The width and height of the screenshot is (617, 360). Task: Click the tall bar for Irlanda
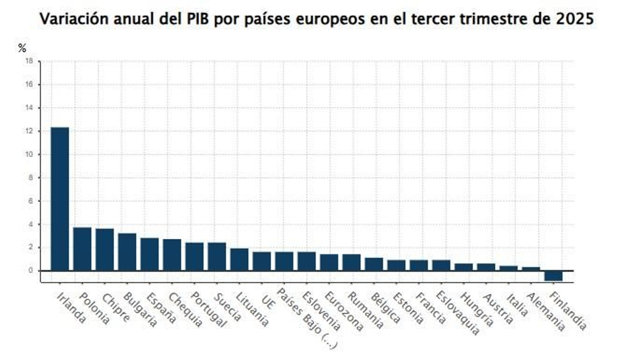(x=60, y=199)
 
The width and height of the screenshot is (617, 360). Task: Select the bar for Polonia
(x=82, y=249)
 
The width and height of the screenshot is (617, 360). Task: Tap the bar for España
(x=149, y=254)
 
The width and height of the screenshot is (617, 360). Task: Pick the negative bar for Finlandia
(x=553, y=276)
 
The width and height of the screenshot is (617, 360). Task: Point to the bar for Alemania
(x=531, y=269)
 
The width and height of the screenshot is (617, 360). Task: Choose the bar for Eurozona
(x=329, y=262)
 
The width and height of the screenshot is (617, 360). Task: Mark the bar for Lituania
(x=239, y=259)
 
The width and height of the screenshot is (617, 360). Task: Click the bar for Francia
(x=419, y=265)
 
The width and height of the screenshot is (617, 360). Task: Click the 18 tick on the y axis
(x=29, y=61)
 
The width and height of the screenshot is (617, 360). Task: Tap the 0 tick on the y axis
(x=30, y=270)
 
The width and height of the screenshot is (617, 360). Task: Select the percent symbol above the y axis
(x=22, y=48)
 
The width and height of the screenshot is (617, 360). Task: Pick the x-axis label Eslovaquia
(x=458, y=313)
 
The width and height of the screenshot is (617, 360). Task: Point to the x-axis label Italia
(x=517, y=305)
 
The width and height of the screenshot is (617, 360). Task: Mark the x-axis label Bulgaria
(x=140, y=309)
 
